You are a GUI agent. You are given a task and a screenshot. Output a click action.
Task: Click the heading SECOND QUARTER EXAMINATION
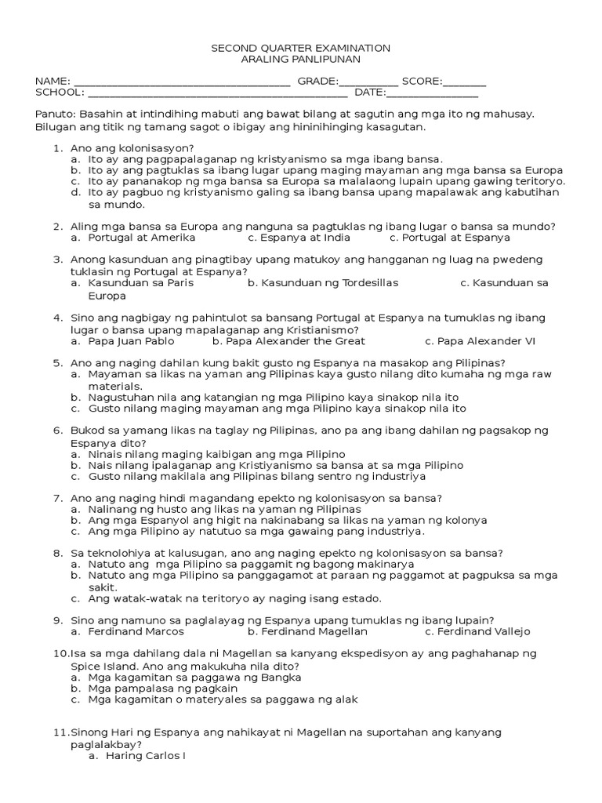click(301, 49)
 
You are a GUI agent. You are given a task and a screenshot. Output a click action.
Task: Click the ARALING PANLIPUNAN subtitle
click(301, 60)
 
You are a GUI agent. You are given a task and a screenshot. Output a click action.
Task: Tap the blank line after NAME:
click(181, 81)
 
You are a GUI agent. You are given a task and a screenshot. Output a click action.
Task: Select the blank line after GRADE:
click(368, 81)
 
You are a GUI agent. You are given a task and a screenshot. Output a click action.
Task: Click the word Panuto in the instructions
click(53, 114)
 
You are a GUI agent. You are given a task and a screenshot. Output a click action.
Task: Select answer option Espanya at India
click(299, 238)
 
